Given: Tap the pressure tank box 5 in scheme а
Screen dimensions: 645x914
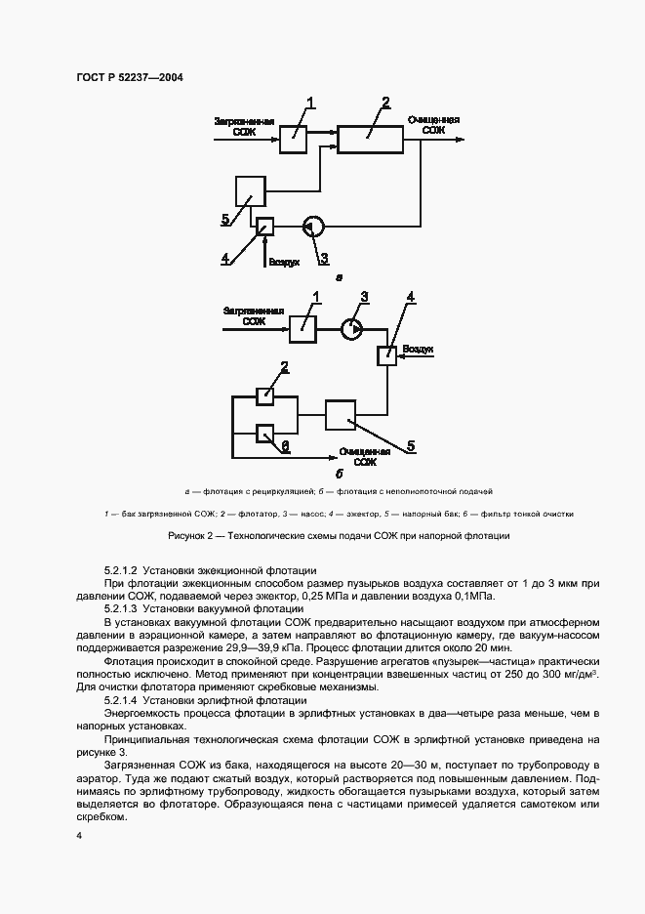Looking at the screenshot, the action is pos(252,191).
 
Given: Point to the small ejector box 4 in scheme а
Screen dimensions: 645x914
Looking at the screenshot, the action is pos(263,227).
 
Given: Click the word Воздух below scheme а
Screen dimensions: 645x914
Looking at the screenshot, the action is pos(283,263).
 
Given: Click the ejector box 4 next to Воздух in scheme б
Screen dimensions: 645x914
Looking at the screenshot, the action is pos(388,355).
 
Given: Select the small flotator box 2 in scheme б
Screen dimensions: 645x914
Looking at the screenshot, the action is pos(264,395).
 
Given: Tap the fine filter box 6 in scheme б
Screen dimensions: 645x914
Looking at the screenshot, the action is pos(264,433).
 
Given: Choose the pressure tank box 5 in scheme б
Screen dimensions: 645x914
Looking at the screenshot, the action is pos(341,415).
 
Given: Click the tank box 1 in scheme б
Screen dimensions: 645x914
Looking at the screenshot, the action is pos(303,329).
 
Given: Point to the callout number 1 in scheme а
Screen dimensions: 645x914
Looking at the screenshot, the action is pos(311,103).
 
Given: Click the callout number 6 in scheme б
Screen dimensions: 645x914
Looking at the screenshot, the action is pos(285,444).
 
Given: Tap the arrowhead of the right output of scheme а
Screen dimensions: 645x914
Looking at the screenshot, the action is pos(461,139).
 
